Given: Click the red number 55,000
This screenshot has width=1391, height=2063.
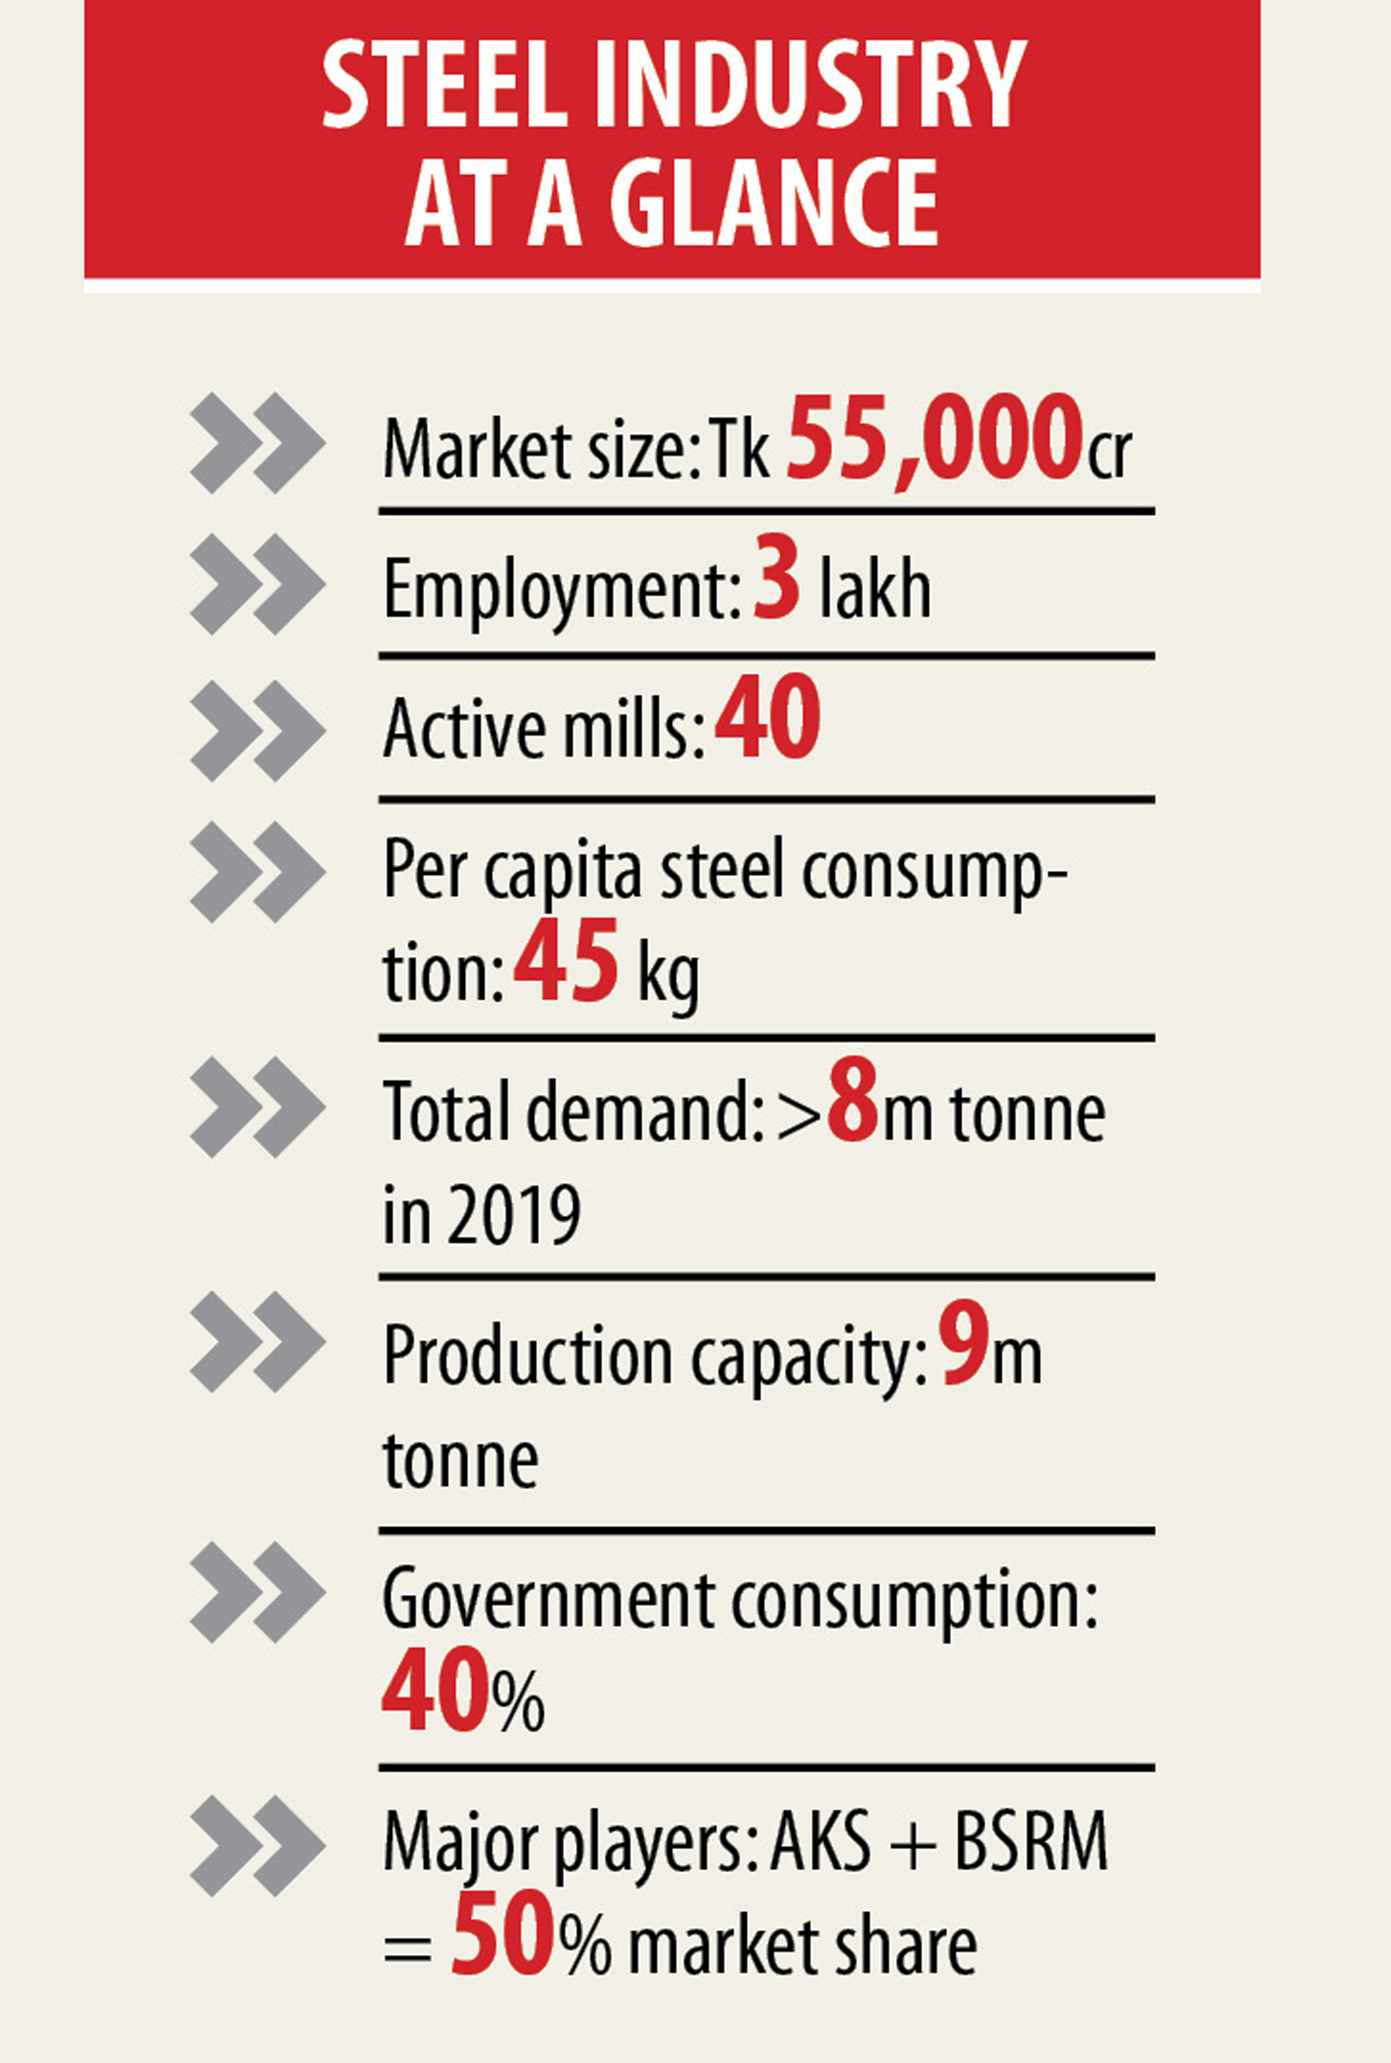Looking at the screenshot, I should [933, 438].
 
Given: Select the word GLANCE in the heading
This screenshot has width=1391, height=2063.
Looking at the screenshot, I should [774, 203].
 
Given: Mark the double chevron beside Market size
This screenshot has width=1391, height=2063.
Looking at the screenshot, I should [257, 442].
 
